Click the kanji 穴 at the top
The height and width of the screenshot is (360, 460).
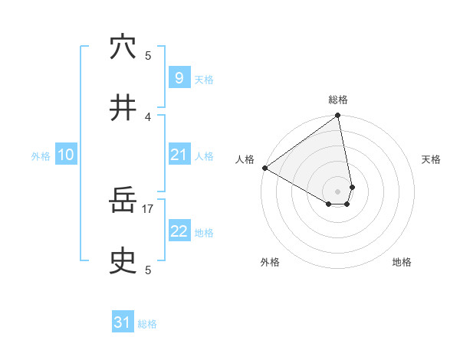click(123, 47)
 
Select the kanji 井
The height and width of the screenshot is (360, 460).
click(123, 108)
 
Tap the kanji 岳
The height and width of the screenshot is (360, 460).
click(123, 201)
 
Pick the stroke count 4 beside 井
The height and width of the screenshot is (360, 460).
click(148, 116)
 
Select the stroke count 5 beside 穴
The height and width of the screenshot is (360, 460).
click(148, 55)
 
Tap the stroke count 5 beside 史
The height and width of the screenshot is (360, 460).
click(148, 270)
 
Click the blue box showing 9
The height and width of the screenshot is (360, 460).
click(179, 77)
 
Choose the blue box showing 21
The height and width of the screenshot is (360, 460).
click(179, 155)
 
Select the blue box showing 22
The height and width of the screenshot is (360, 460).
click(179, 231)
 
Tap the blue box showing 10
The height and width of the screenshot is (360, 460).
click(66, 155)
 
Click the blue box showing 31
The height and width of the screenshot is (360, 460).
click(123, 322)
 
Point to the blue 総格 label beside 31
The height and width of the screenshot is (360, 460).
click(147, 324)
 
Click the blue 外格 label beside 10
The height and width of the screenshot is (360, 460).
click(41, 156)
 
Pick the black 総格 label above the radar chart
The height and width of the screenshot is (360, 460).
click(338, 100)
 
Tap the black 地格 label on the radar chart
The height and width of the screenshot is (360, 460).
click(402, 262)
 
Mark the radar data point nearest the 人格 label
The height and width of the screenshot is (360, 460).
click(264, 168)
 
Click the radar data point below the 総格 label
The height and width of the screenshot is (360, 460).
click(338, 116)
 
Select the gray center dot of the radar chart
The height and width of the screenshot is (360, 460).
click(338, 191)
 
